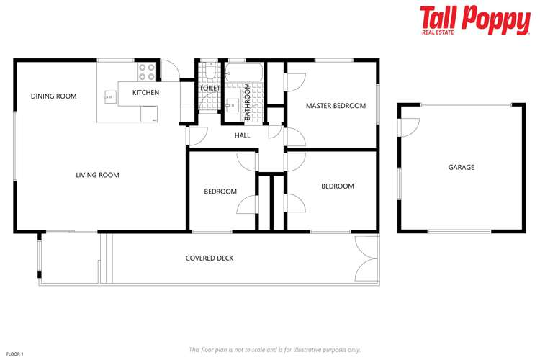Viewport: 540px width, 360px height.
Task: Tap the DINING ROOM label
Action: (x=53, y=96)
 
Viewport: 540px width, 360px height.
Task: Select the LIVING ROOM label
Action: (x=97, y=175)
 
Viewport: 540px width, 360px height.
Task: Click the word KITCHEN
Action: (x=145, y=93)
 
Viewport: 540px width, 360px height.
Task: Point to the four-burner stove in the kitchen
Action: (x=147, y=72)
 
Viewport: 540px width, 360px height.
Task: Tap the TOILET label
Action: (x=210, y=88)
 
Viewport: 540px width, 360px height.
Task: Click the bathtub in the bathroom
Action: (x=245, y=73)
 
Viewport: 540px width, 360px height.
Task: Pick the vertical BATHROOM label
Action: (x=247, y=102)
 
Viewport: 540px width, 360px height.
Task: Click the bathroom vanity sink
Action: (x=233, y=105)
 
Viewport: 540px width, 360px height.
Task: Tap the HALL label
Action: (x=243, y=135)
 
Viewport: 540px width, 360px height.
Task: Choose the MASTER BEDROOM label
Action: (x=336, y=106)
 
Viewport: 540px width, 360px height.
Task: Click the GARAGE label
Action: (x=462, y=167)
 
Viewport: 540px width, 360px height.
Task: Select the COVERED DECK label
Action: (x=210, y=258)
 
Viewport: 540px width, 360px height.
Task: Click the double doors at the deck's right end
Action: (x=366, y=258)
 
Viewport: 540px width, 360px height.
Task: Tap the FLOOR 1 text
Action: (x=15, y=354)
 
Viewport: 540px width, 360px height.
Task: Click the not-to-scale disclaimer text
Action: (x=274, y=349)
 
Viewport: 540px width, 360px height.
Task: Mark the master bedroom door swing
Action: (x=294, y=82)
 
